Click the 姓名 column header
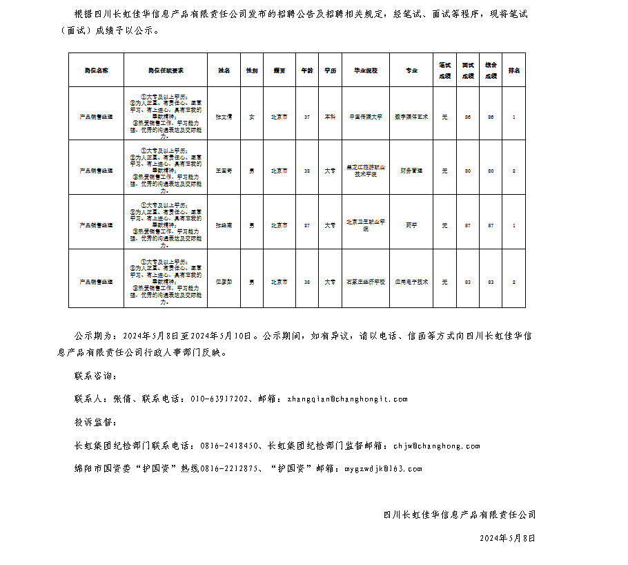pos(224,70)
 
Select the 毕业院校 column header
pos(366,70)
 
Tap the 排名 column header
pos(514,70)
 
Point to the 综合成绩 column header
pos(491,70)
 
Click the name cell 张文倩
pos(224,117)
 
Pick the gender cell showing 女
pos(251,117)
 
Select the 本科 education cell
pos(331,117)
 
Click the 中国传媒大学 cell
pos(366,117)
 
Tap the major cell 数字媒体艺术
pos(411,117)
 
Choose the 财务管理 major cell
pos(411,170)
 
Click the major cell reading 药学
pos(411,225)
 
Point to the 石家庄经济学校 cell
pos(366,282)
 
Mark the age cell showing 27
pos(306,225)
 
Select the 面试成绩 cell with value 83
pos(468,282)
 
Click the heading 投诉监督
pos(95,422)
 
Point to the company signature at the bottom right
pos(460,515)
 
